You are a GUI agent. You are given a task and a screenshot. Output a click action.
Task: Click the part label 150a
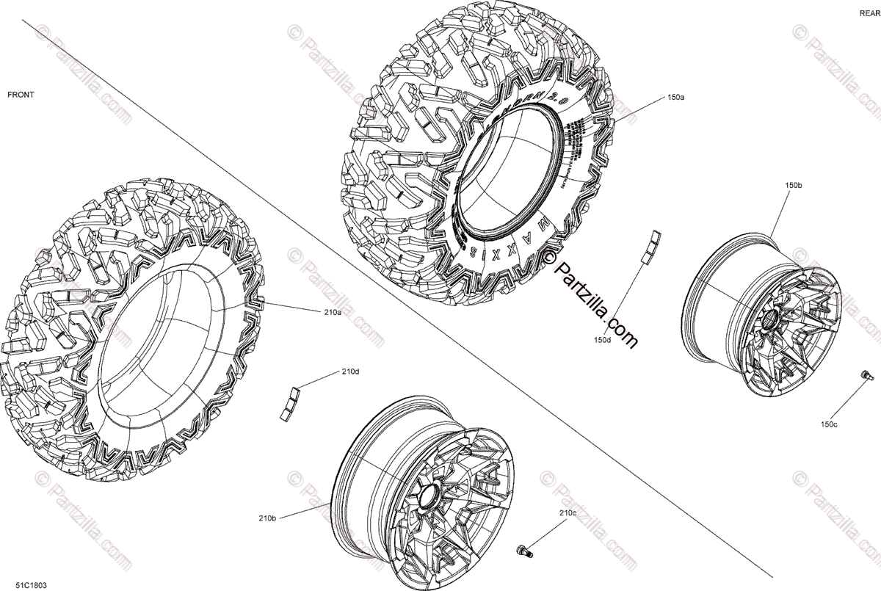pos(675,97)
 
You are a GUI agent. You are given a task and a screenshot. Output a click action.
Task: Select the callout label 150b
pos(793,186)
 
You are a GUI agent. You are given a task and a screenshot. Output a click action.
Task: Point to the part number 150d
pos(603,340)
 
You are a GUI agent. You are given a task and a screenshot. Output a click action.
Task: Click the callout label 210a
pos(332,312)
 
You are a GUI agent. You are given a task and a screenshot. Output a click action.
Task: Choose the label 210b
pos(267,518)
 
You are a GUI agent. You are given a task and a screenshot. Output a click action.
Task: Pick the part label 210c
pos(568,512)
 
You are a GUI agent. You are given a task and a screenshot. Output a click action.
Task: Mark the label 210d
pos(350,371)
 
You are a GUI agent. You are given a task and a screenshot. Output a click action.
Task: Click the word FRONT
pos(21,95)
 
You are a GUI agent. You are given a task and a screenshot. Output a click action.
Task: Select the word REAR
pos(869,13)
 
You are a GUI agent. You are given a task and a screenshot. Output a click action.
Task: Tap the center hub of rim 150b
pos(771,319)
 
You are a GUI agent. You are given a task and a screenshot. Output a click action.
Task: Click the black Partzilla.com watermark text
pos(592,300)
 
